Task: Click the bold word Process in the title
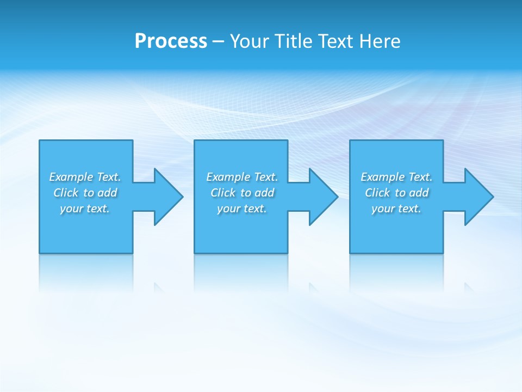pos(171,41)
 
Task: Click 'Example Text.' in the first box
pos(85,177)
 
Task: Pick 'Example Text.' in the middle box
pos(242,177)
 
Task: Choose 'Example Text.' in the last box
pos(396,177)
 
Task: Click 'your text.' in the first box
pos(85,209)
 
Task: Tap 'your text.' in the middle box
pos(242,209)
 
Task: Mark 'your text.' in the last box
pos(396,209)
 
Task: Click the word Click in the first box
pos(66,193)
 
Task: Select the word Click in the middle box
pos(223,193)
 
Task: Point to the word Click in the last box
pos(377,193)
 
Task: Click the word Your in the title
pos(250,41)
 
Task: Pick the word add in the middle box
pos(265,193)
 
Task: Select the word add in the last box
pos(419,193)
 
